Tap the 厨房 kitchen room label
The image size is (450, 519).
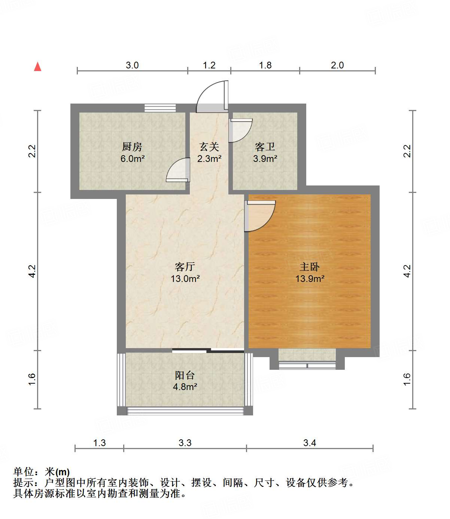tap(132, 147)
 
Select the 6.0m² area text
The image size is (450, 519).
tap(132, 159)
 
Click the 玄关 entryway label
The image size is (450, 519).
tap(209, 147)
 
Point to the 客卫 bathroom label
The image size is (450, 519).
tap(265, 147)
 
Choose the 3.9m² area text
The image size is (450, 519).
tap(265, 159)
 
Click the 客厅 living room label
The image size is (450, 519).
tap(185, 267)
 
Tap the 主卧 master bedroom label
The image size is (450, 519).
tap(310, 267)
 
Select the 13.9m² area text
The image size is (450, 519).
tap(310, 279)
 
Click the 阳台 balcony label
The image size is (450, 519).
tap(185, 375)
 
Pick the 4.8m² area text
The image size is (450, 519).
tap(185, 387)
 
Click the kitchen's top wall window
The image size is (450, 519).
tap(160, 108)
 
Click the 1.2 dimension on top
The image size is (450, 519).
tap(209, 65)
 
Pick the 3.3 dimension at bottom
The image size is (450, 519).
tap(185, 443)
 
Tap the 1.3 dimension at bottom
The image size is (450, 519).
tap(99, 443)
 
